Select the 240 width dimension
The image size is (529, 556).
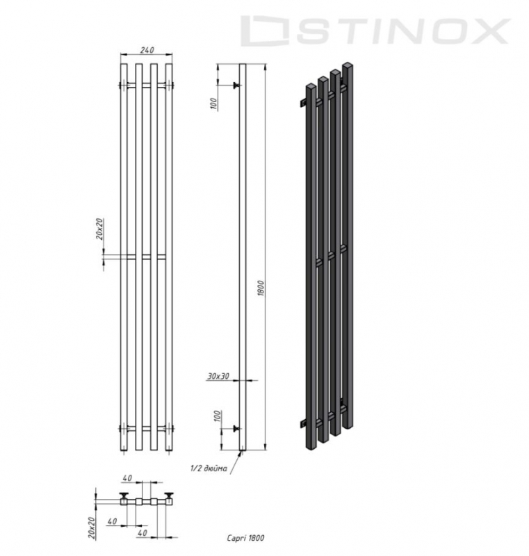[x=146, y=49]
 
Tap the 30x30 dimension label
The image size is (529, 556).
[x=218, y=375]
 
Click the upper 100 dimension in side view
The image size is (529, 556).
[x=214, y=104]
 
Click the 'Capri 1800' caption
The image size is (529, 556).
[x=245, y=537]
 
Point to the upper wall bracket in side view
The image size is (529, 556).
[x=236, y=86]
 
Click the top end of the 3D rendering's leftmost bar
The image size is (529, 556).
[x=311, y=85]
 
